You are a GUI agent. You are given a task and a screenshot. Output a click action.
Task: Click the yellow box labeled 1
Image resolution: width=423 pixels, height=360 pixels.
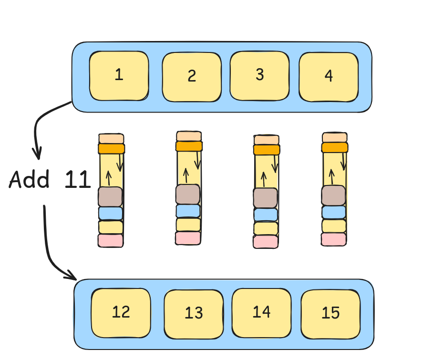pyautogui.click(x=119, y=76)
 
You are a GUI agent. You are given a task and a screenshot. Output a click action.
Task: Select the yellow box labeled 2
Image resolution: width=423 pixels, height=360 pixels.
pyautogui.click(x=192, y=77)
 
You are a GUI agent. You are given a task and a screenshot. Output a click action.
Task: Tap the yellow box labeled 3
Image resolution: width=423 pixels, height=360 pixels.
pyautogui.click(x=259, y=75)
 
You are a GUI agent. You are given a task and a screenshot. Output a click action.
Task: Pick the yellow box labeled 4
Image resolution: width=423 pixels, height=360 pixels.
pyautogui.click(x=328, y=77)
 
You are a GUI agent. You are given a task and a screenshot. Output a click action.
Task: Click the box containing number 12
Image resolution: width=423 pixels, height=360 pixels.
pyautogui.click(x=121, y=312)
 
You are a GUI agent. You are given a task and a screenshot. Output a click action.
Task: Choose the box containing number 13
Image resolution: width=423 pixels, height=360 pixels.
pyautogui.click(x=194, y=313)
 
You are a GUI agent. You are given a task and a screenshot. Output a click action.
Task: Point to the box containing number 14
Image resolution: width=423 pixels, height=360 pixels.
pyautogui.click(x=261, y=312)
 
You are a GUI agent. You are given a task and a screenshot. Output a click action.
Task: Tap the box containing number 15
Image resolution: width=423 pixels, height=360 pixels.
pyautogui.click(x=330, y=313)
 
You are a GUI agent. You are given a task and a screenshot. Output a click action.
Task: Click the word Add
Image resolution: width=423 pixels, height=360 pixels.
pyautogui.click(x=29, y=180)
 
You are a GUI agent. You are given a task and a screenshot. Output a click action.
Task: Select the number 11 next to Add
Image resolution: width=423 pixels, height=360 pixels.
pyautogui.click(x=77, y=180)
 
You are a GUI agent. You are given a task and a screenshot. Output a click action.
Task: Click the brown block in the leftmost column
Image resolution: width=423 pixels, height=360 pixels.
pyautogui.click(x=110, y=196)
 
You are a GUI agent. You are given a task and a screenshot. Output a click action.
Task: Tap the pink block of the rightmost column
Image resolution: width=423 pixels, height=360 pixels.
pyautogui.click(x=333, y=239)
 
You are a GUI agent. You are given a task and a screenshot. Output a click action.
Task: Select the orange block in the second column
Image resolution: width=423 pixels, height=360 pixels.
pyautogui.click(x=189, y=146)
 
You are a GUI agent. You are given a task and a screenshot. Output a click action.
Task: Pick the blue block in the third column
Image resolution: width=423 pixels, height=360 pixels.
pyautogui.click(x=265, y=215)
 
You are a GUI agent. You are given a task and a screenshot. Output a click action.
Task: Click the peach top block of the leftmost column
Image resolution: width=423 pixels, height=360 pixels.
pyautogui.click(x=111, y=138)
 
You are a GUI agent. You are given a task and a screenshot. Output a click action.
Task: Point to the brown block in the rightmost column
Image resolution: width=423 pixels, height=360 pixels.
pyautogui.click(x=333, y=195)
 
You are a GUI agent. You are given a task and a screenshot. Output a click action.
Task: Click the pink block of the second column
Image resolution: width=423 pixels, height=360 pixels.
pyautogui.click(x=188, y=238)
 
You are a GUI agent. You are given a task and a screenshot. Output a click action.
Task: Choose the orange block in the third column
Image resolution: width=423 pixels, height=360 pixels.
pyautogui.click(x=267, y=150)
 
